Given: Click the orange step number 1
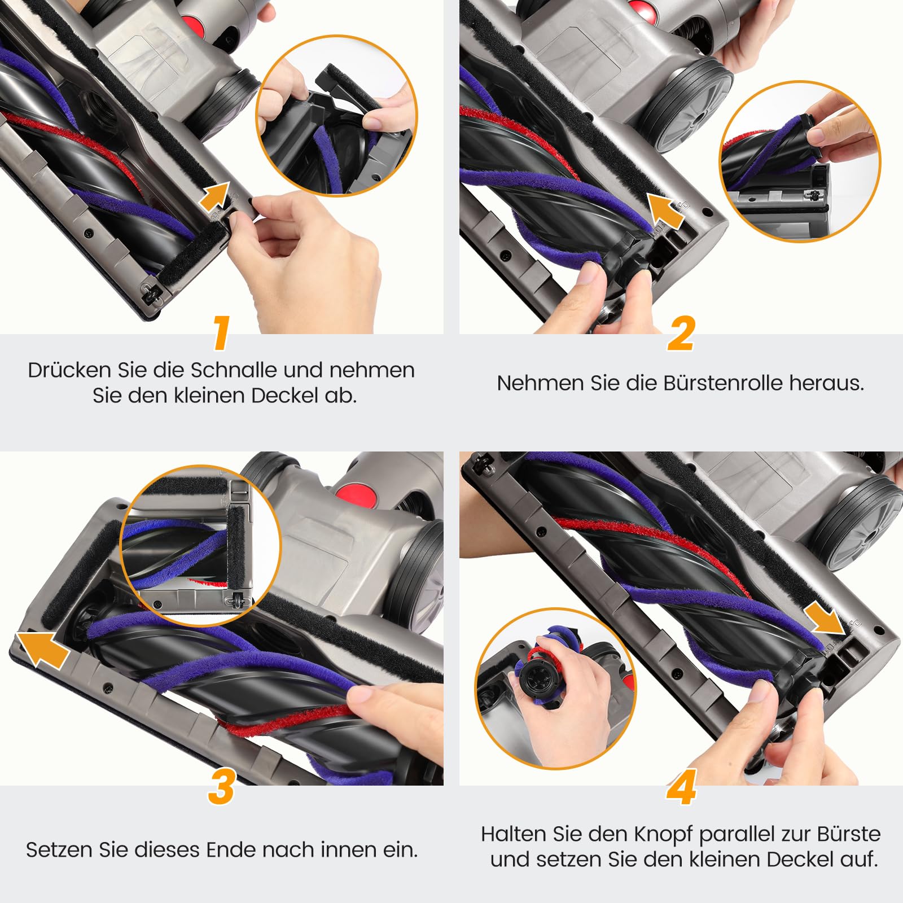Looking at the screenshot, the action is pyautogui.click(x=221, y=333).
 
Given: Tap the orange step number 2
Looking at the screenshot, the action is pyautogui.click(x=681, y=334).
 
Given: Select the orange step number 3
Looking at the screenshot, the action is pyautogui.click(x=221, y=787).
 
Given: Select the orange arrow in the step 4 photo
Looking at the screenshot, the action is pyautogui.click(x=826, y=618).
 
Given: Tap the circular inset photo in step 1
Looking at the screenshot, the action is pyautogui.click(x=336, y=115).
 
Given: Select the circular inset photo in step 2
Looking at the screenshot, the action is pyautogui.click(x=800, y=161).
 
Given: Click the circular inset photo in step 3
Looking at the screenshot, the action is pyautogui.click(x=200, y=546).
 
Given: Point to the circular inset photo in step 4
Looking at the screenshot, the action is pyautogui.click(x=556, y=689).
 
